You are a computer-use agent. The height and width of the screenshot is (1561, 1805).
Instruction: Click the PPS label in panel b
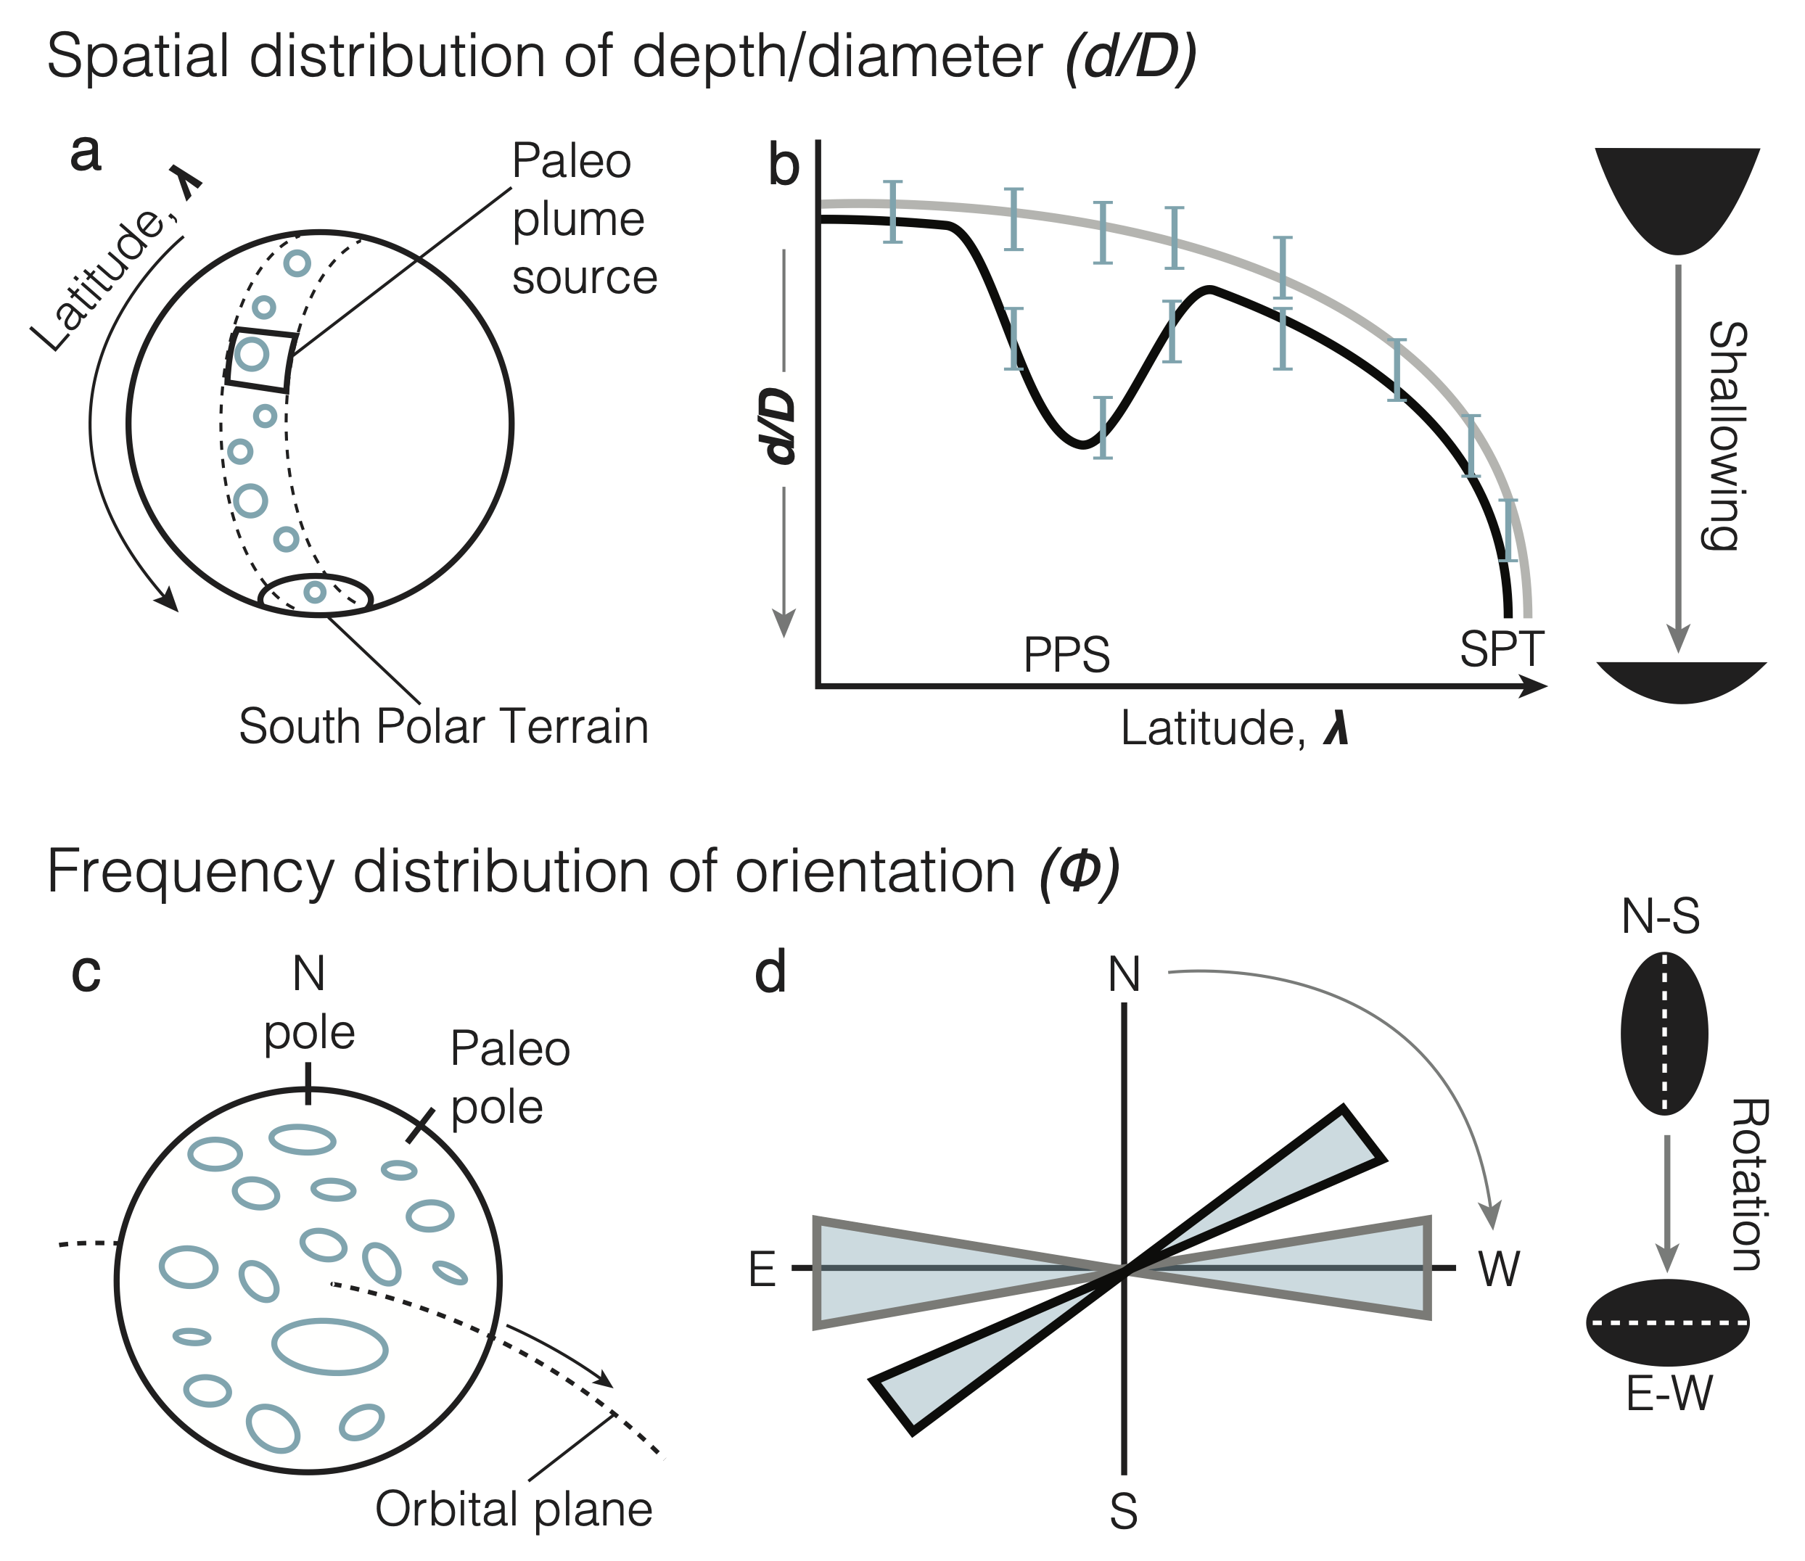pos(1066,655)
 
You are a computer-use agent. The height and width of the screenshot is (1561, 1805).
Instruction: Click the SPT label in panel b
pos(1502,649)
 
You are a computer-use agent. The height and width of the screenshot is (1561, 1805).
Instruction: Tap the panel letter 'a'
pos(86,153)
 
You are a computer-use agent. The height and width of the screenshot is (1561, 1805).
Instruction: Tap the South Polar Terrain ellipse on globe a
pos(316,596)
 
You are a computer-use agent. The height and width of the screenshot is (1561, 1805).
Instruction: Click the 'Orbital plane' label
pos(513,1509)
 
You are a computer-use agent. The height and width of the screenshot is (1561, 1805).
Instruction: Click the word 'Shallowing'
pos(1722,435)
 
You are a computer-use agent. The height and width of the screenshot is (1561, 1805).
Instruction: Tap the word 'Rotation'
pos(1747,1185)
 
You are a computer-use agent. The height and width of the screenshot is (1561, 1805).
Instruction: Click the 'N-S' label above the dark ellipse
pos(1661,918)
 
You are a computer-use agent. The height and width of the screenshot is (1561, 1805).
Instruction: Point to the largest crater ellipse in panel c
pos(329,1347)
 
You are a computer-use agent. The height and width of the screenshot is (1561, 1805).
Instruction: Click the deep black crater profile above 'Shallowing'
pos(1677,196)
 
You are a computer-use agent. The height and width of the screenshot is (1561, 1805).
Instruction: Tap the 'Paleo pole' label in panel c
pos(509,1079)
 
